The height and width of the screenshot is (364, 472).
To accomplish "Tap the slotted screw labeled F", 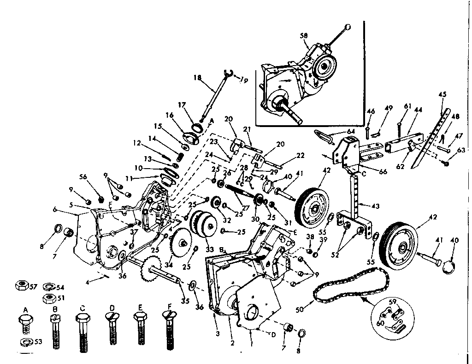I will [x=169, y=330].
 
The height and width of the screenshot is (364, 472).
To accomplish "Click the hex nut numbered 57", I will [x=21, y=285].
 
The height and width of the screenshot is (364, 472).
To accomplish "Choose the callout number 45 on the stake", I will [x=442, y=94].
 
